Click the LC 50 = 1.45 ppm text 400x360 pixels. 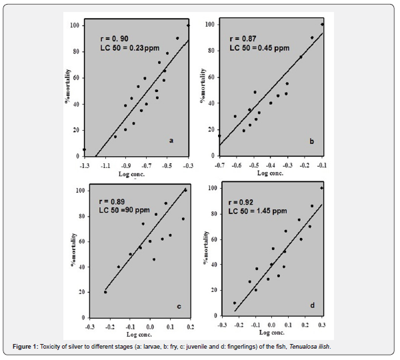(259, 211)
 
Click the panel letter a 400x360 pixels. (171, 140)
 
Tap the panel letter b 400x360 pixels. (311, 141)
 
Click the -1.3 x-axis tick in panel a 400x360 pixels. (85, 164)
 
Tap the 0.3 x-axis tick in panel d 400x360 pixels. (322, 325)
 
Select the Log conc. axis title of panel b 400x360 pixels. (271, 173)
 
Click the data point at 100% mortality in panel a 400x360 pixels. (188, 26)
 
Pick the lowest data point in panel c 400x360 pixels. (105, 292)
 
